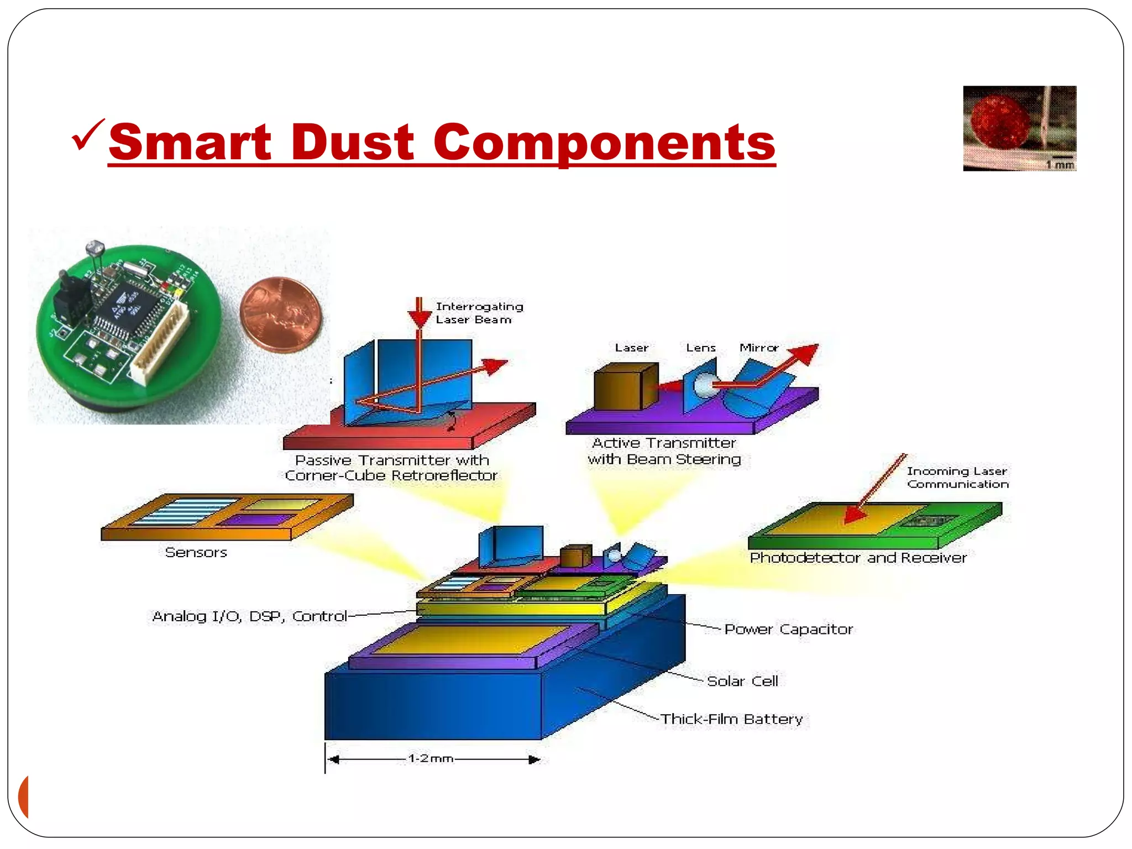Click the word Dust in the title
[352, 142]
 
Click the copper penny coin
[281, 315]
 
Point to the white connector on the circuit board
[160, 345]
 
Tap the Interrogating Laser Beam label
[479, 313]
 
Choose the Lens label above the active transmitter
[700, 348]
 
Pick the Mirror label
[758, 348]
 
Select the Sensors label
[196, 552]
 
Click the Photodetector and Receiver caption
[858, 558]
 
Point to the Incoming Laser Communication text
[957, 478]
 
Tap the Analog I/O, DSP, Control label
[249, 616]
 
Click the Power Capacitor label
[788, 629]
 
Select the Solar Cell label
[742, 681]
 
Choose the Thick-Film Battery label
[731, 719]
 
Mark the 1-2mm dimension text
[431, 758]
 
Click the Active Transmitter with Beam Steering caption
[664, 451]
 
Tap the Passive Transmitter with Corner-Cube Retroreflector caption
[391, 468]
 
